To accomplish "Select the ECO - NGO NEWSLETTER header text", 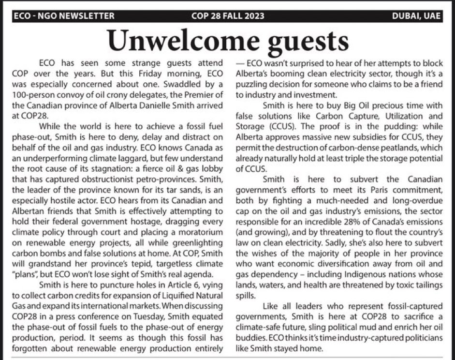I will [x=64, y=16].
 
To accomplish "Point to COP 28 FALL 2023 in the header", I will [x=227, y=16].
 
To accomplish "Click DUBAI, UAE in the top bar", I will [x=417, y=16].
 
